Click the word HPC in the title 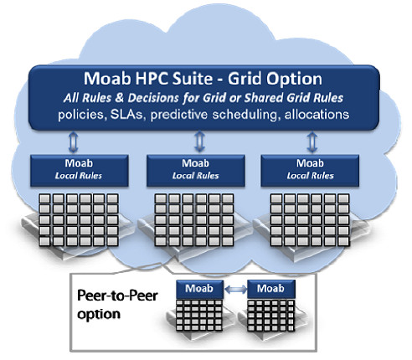click(x=152, y=79)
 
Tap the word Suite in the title click(x=193, y=79)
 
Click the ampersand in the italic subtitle click(x=119, y=98)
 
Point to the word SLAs click(x=126, y=115)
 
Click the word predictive click(x=179, y=115)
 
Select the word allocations click(x=317, y=115)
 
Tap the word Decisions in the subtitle click(x=153, y=98)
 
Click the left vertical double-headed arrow click(x=73, y=142)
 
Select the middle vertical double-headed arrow click(x=199, y=141)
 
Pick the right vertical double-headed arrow click(x=312, y=142)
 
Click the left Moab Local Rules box click(x=80, y=171)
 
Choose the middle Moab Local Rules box click(x=196, y=171)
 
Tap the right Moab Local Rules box click(x=310, y=171)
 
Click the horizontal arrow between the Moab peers click(x=236, y=290)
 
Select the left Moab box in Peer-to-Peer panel click(x=199, y=289)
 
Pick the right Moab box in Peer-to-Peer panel click(x=271, y=289)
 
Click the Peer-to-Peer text click(x=117, y=296)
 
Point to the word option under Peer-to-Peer click(x=99, y=314)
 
